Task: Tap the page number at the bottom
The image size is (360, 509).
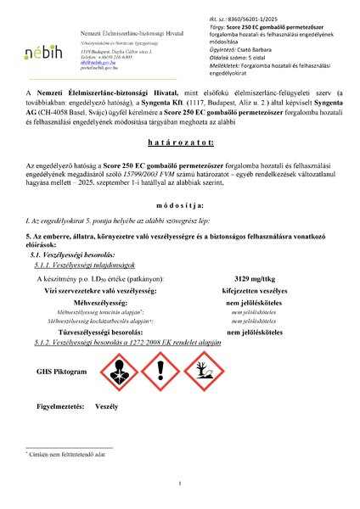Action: (181, 484)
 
